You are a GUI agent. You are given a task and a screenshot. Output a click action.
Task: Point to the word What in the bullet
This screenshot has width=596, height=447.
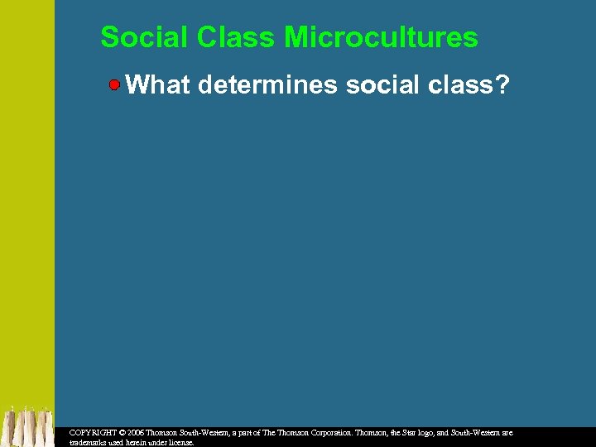pos(158,84)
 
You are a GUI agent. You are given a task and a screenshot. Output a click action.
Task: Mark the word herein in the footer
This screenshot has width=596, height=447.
pos(135,443)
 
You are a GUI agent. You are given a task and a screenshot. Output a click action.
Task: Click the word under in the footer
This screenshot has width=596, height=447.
pos(157,443)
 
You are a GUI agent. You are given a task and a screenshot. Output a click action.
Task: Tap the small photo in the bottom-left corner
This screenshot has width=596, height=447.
pos(27,425)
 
